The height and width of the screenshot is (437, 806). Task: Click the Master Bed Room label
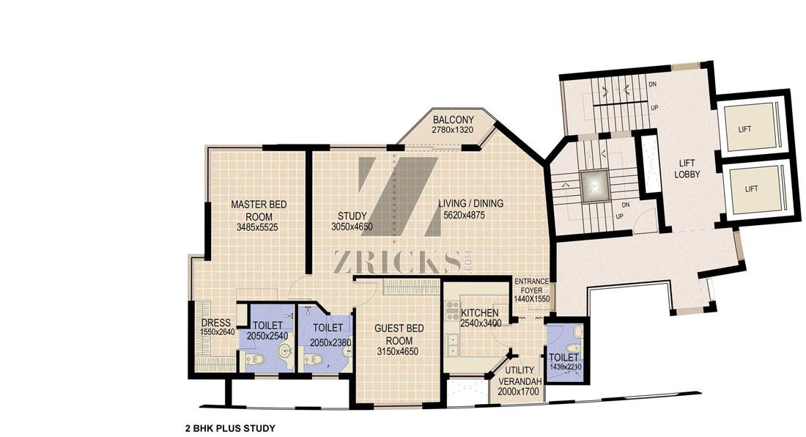click(259, 210)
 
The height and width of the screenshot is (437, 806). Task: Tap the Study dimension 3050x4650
click(352, 227)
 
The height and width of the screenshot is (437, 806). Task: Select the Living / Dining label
click(471, 204)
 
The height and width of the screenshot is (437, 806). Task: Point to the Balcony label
click(453, 120)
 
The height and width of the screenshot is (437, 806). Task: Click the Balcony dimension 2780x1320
click(452, 130)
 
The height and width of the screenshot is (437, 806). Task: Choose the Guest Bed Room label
click(399, 334)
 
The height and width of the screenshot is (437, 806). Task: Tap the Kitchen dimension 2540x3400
click(481, 323)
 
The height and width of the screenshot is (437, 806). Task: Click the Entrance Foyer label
click(532, 286)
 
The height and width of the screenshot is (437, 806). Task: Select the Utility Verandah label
click(520, 376)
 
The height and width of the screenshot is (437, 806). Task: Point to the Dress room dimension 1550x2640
click(218, 333)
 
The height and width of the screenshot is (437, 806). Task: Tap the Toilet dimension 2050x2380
click(330, 343)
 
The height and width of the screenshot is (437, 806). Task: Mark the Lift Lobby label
click(687, 169)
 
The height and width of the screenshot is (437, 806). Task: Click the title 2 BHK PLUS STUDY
click(230, 427)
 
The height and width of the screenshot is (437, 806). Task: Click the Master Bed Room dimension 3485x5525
click(257, 227)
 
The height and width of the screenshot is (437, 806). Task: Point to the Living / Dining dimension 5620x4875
click(464, 216)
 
